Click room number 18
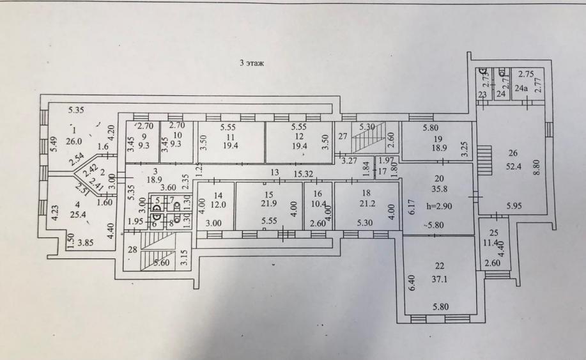tap(366, 193)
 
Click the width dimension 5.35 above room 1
tap(76, 110)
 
